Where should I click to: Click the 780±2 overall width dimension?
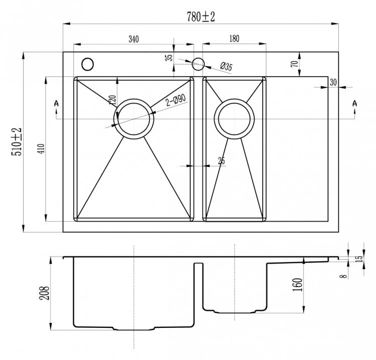click(x=201, y=17)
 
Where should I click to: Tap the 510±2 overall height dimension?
click(x=17, y=142)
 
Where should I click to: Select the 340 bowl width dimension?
click(x=133, y=39)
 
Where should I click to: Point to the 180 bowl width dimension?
click(x=234, y=39)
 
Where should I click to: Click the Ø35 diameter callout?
click(x=226, y=67)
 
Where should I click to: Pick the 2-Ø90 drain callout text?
click(x=176, y=100)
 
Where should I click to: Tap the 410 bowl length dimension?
click(x=42, y=149)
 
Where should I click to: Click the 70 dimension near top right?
click(x=295, y=64)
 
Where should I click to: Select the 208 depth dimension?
click(x=44, y=293)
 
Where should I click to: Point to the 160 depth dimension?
click(x=298, y=285)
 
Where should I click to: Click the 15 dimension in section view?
click(x=359, y=258)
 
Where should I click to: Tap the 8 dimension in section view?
click(x=344, y=276)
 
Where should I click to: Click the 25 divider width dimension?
click(x=222, y=160)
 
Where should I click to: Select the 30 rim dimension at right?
click(x=333, y=83)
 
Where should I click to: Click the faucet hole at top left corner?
click(x=88, y=64)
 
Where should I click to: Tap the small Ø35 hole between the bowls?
click(x=198, y=64)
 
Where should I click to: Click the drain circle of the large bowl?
click(x=133, y=99)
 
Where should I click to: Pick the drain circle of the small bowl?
click(x=234, y=99)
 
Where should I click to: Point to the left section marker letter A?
click(x=57, y=104)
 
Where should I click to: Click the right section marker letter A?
click(x=354, y=104)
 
